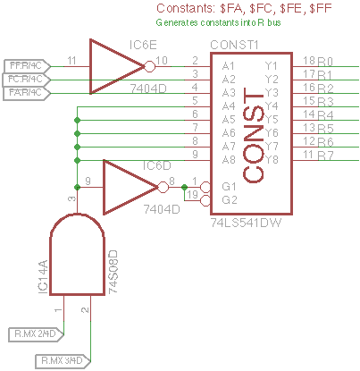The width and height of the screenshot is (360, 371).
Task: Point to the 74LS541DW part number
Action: [x=247, y=219]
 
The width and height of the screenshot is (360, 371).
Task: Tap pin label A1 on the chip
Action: [x=229, y=65]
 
